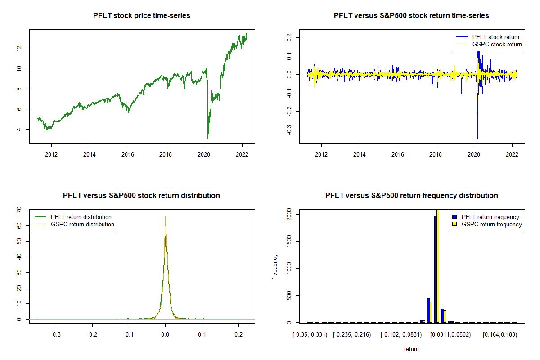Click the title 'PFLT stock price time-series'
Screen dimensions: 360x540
click(x=142, y=16)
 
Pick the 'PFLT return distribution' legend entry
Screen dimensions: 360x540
click(x=81, y=217)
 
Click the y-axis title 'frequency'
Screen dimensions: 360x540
click(x=275, y=266)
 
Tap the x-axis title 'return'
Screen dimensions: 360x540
click(x=411, y=349)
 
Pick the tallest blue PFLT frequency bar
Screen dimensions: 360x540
click(x=435, y=269)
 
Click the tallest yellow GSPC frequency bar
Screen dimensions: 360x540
click(x=438, y=265)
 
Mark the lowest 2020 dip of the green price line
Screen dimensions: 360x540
click(x=208, y=138)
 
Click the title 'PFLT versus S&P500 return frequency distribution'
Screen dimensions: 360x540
click(x=411, y=196)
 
